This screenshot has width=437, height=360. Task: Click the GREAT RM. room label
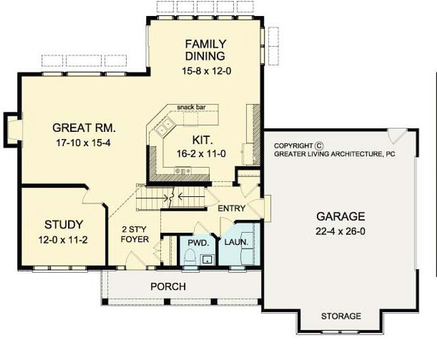point(84,127)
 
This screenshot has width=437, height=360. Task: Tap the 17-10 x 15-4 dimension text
point(84,142)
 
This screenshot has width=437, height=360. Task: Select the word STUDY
point(63,224)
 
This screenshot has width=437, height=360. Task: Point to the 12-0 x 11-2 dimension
point(63,239)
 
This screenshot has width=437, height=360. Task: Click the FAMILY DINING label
point(205,50)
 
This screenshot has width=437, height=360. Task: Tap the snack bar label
point(191,107)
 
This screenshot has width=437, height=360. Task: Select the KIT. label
point(201,139)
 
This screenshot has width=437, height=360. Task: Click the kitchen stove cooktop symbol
point(183,171)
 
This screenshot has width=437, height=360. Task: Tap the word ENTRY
point(232,208)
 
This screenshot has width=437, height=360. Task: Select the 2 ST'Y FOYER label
point(134,234)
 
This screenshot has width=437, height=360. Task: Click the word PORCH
point(168,286)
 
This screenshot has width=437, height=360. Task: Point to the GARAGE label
point(341,216)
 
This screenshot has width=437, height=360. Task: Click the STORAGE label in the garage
point(341,316)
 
